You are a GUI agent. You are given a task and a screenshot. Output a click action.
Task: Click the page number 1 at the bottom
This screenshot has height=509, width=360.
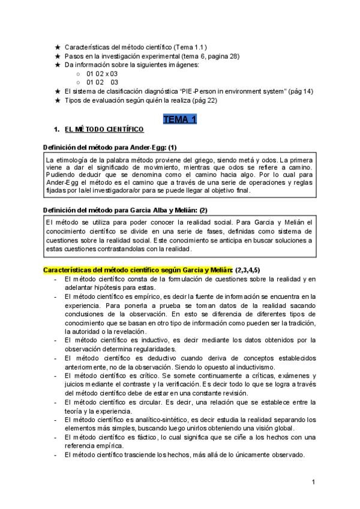pos(313,482)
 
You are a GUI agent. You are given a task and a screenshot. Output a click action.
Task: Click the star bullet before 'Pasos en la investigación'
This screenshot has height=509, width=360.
pos(57,56)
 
